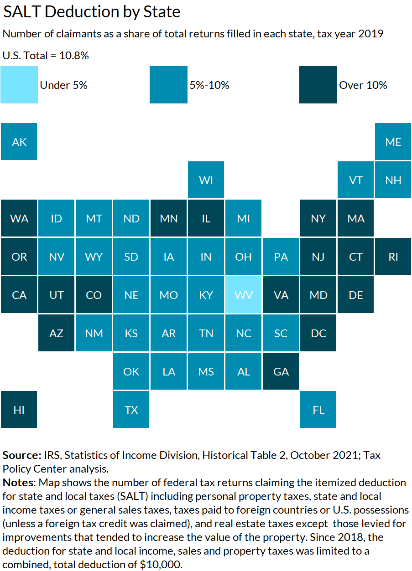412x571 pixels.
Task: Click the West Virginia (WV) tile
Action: (244, 295)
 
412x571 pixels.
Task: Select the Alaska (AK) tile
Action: (19, 142)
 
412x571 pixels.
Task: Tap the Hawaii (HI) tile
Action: (19, 410)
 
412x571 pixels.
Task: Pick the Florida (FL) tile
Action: (318, 410)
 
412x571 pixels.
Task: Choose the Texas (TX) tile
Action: (131, 410)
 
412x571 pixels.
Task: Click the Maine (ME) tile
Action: (393, 142)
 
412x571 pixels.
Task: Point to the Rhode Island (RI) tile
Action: (393, 257)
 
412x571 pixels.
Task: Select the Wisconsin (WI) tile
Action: (206, 180)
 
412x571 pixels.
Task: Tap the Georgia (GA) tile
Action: (281, 371)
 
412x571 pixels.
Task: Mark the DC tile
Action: (318, 333)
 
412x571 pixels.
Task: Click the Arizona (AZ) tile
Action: (57, 333)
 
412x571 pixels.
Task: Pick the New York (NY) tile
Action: (318, 218)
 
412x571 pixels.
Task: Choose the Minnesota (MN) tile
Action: (169, 218)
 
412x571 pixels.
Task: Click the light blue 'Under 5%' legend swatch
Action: (19, 85)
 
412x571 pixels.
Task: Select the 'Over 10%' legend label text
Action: (363, 85)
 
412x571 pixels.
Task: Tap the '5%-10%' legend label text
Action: (209, 85)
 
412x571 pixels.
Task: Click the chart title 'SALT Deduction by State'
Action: (92, 12)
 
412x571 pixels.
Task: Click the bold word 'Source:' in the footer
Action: (22, 455)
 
